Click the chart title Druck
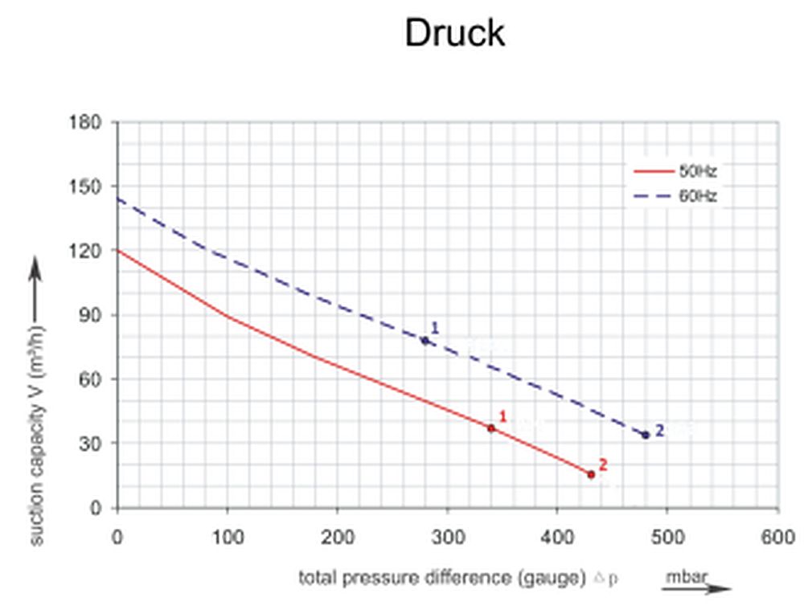(454, 33)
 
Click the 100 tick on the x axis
(228, 536)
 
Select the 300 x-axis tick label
(448, 536)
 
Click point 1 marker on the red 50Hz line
(491, 428)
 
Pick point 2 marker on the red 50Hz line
(591, 475)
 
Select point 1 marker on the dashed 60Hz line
(425, 341)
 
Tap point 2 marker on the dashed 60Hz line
(646, 435)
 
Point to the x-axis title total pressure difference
(441, 577)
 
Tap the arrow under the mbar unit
(696, 589)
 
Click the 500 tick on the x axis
(667, 536)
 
